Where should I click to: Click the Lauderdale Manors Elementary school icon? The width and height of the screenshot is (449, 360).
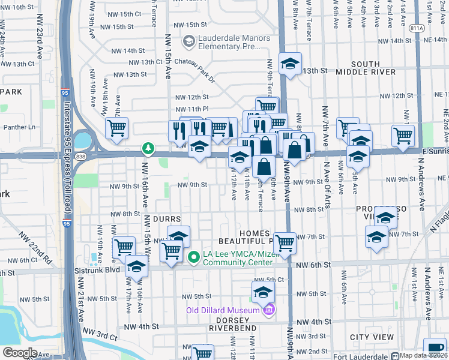tap(189, 41)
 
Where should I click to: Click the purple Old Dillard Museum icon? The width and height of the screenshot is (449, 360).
tap(269, 310)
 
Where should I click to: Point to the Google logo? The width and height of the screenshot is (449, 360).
tap(20, 353)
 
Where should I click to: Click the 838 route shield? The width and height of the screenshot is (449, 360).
tap(80, 155)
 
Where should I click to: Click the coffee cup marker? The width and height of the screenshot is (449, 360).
tap(435, 349)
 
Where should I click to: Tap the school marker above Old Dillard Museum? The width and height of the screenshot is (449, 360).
tap(263, 293)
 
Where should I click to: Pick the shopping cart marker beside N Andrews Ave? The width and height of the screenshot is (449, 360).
tap(403, 134)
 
